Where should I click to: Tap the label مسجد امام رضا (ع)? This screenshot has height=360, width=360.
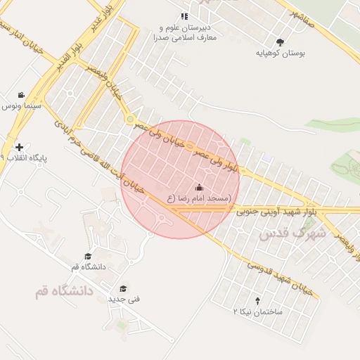click(x=199, y=199)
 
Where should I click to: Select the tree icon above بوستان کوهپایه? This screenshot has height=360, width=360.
click(x=281, y=42)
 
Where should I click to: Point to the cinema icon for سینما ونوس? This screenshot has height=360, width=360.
click(x=22, y=95)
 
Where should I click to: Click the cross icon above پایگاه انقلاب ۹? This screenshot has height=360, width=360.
click(x=19, y=148)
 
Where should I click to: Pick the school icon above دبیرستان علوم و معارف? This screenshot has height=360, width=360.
click(x=184, y=16)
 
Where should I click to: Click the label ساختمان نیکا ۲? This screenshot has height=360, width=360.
click(x=258, y=311)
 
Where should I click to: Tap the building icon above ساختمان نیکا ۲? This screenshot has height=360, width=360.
click(x=257, y=300)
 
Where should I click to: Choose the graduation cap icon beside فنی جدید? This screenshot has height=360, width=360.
click(x=123, y=288)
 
